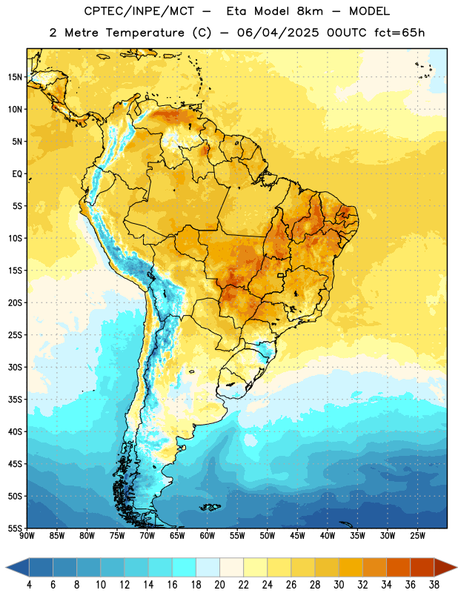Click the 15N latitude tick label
(x=15, y=77)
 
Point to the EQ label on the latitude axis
(x=17, y=174)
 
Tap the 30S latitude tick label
(x=15, y=367)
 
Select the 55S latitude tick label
(x=15, y=529)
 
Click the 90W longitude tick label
(x=27, y=536)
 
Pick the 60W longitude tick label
(x=208, y=536)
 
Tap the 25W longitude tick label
(x=417, y=536)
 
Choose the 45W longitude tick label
(x=297, y=536)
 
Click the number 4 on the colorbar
(x=29, y=585)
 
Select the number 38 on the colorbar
(x=434, y=585)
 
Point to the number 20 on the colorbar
(x=219, y=585)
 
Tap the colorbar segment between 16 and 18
(x=185, y=568)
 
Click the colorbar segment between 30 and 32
(x=351, y=568)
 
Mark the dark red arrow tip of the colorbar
(x=457, y=568)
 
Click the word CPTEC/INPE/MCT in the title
(x=139, y=11)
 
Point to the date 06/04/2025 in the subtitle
(x=278, y=33)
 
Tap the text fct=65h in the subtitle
(x=399, y=33)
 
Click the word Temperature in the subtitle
(x=145, y=33)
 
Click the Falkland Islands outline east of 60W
(x=210, y=507)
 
